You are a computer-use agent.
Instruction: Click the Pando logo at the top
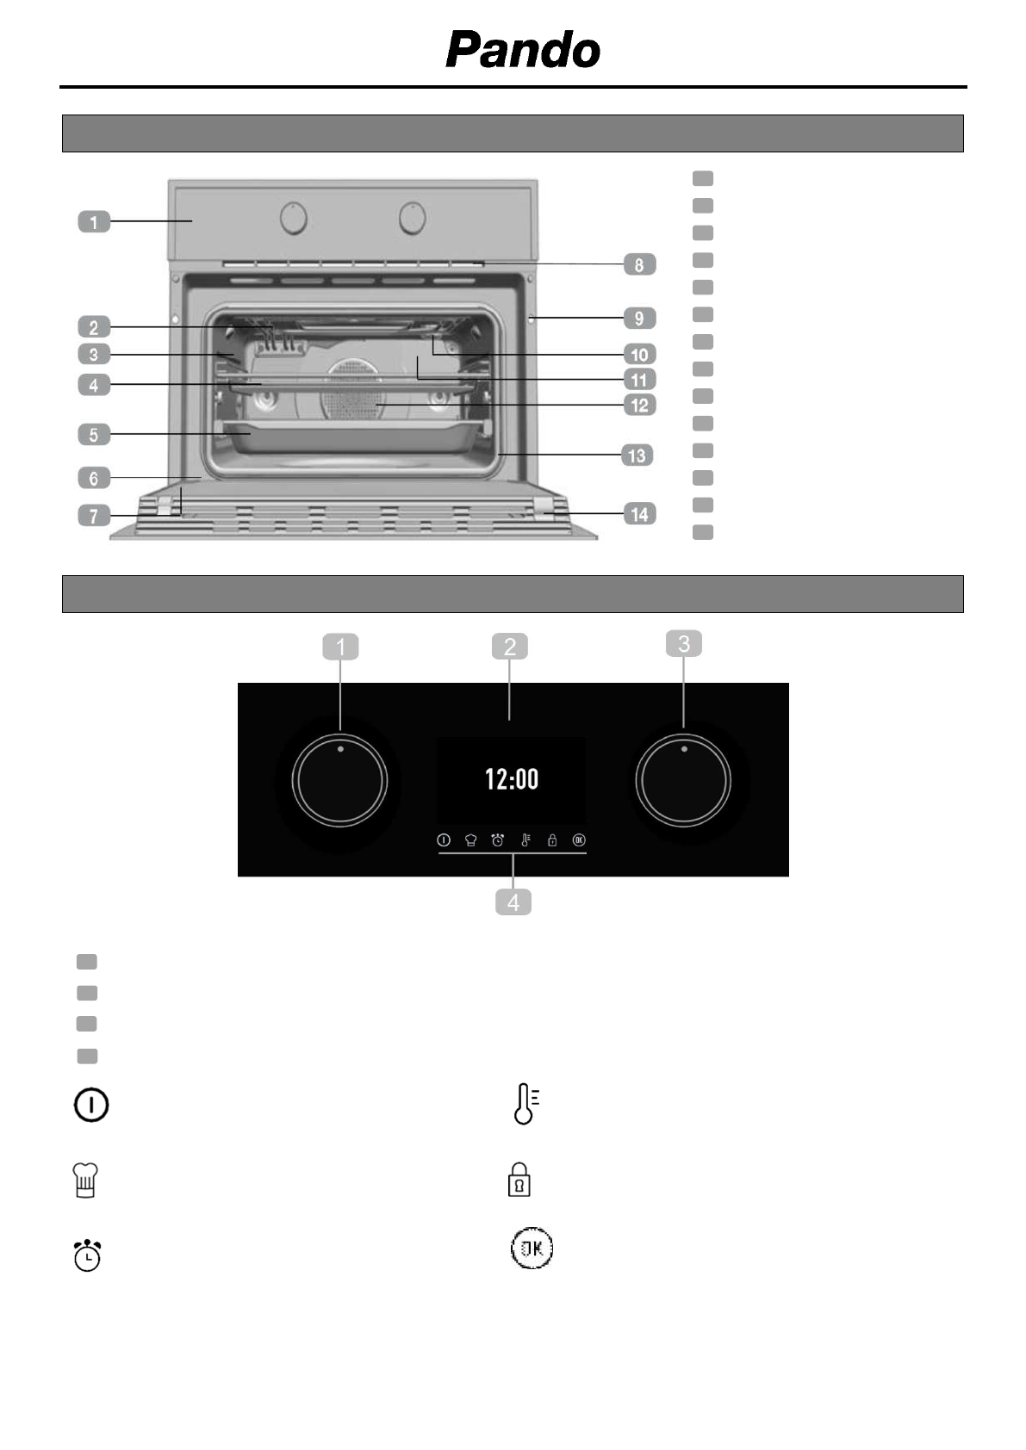pos(523,50)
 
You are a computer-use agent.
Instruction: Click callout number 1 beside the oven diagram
pos(94,221)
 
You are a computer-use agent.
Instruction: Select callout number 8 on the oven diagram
pos(639,264)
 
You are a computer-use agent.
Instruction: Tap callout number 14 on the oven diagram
pos(639,514)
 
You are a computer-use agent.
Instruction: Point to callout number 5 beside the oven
pos(94,434)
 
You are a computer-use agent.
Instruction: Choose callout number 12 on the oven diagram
pos(639,406)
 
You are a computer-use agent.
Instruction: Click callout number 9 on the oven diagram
pos(639,318)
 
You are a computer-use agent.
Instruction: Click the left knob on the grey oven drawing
pos(294,218)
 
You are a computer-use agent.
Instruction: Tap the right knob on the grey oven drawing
pos(412,218)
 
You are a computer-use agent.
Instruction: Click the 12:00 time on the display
pos(512,778)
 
